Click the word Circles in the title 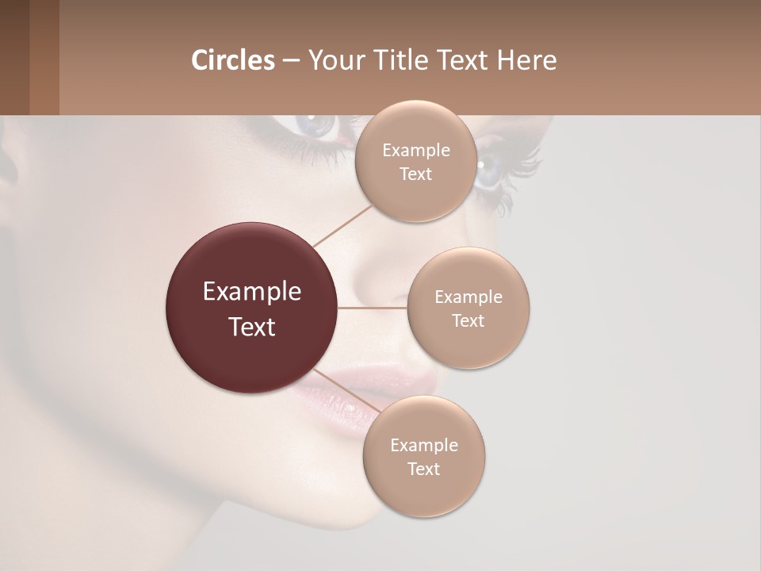(x=233, y=60)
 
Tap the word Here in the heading (x=527, y=60)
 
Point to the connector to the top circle (x=342, y=225)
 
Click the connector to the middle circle (x=373, y=308)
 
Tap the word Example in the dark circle (x=252, y=292)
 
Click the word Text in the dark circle (x=252, y=327)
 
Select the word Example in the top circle (x=416, y=151)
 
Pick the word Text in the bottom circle (x=423, y=469)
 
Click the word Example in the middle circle (x=468, y=297)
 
